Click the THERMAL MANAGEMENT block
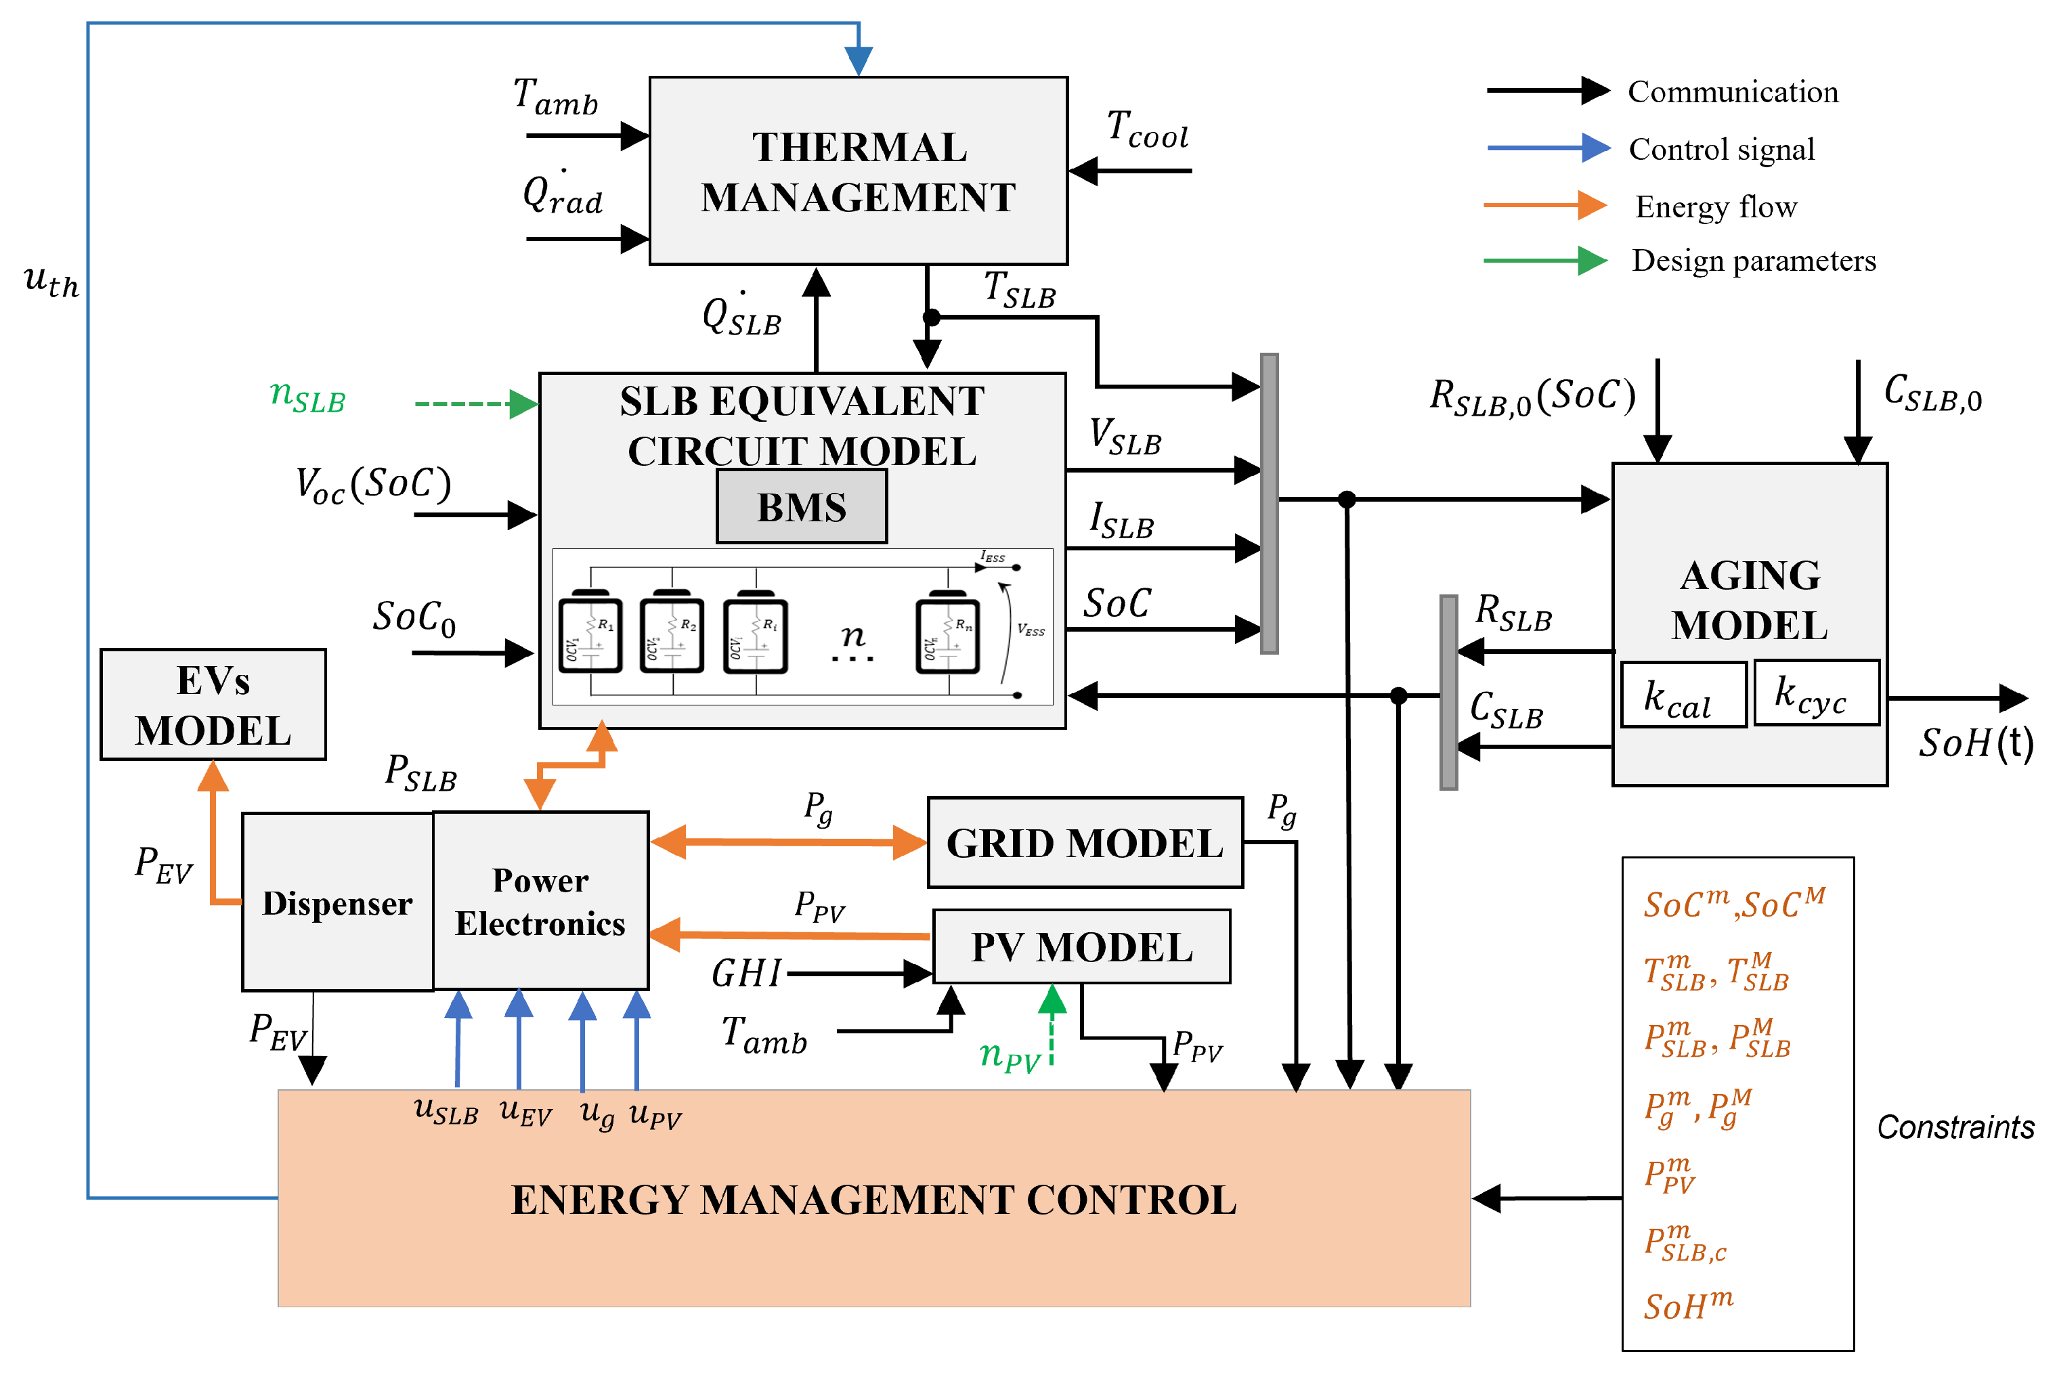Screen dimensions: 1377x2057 (857, 171)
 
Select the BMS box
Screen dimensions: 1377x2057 (801, 506)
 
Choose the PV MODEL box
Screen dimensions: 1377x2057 (1081, 946)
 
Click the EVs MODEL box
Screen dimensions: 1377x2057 (213, 704)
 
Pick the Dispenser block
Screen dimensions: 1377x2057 (337, 903)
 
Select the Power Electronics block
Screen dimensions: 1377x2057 (540, 902)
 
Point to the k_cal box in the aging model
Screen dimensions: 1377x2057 (1682, 695)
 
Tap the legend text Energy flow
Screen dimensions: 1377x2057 (1715, 207)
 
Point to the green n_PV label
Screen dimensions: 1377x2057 (1008, 1054)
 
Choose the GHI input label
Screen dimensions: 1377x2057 (745, 973)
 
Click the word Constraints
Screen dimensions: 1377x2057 (1955, 1127)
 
